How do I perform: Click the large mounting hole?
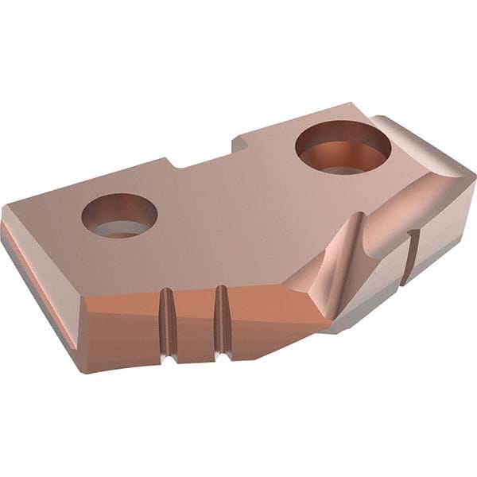(x=343, y=148)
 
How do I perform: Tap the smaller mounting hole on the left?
(x=119, y=215)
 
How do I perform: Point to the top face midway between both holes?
(x=231, y=191)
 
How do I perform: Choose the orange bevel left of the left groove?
(x=119, y=306)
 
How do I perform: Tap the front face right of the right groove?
(x=270, y=318)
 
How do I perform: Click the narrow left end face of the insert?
(x=40, y=278)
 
